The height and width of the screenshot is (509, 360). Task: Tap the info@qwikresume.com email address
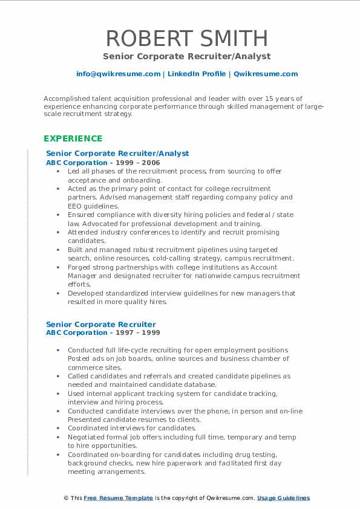pyautogui.click(x=118, y=74)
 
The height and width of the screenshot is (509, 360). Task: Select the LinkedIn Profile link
pyautogui.click(x=197, y=74)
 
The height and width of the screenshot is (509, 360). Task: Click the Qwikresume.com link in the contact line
pyautogui.click(x=266, y=74)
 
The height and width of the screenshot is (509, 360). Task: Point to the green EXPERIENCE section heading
pyautogui.click(x=73, y=138)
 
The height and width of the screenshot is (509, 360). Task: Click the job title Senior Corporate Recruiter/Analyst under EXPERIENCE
pyautogui.click(x=117, y=154)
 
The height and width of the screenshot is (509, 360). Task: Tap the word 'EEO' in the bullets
pyautogui.click(x=75, y=206)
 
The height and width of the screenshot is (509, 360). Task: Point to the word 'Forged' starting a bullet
pyautogui.click(x=79, y=267)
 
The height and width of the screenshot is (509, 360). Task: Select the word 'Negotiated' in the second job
pyautogui.click(x=88, y=437)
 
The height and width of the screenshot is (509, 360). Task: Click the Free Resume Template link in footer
pyautogui.click(x=118, y=498)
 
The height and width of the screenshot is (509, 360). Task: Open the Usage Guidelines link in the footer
pyautogui.click(x=283, y=498)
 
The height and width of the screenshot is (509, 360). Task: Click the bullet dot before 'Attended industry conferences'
pyautogui.click(x=57, y=232)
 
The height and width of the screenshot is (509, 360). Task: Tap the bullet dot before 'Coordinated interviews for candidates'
pyautogui.click(x=57, y=429)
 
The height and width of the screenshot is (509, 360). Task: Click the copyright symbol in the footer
pyautogui.click(x=66, y=498)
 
